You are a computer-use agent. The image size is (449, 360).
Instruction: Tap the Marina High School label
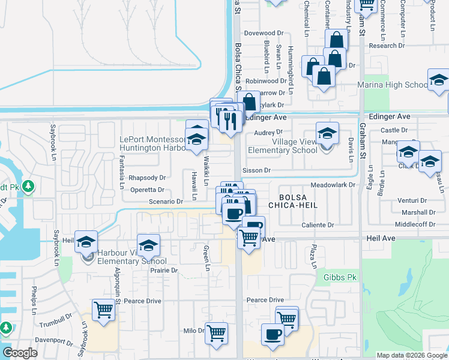[392, 85]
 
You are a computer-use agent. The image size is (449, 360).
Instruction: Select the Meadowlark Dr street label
[334, 185]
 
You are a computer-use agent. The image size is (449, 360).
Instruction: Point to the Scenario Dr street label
[166, 202]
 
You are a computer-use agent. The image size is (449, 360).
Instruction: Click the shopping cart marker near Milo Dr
[216, 333]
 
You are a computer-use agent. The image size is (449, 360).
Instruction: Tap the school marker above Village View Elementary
[327, 134]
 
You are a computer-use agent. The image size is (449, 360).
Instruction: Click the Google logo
[20, 353]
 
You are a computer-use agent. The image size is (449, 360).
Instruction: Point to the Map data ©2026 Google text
[411, 355]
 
